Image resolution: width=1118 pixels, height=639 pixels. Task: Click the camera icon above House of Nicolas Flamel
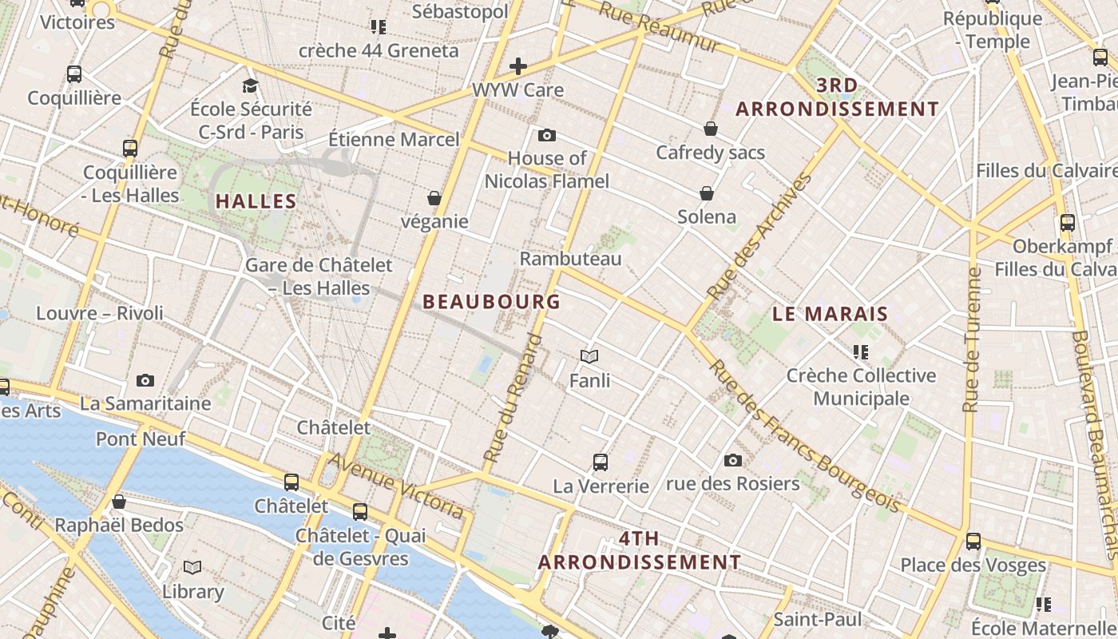coord(547,135)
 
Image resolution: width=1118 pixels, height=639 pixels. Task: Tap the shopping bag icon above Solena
coord(707,193)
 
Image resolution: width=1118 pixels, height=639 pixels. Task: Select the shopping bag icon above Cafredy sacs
coord(710,129)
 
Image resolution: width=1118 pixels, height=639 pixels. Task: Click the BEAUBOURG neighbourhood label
coord(492,302)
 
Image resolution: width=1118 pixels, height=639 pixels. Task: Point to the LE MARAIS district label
coord(831,314)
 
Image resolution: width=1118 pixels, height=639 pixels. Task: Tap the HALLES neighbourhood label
coord(256,201)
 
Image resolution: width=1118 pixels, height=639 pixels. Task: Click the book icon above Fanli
coord(589,356)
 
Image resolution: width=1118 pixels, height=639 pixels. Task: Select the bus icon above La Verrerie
coord(601,462)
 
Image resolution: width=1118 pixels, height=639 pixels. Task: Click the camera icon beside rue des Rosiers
coord(733,460)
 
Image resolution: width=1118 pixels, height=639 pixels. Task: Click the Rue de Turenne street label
coord(972,339)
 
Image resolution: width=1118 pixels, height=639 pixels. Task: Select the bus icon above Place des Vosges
coord(973,541)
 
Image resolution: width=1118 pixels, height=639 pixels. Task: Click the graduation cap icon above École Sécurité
coord(251,85)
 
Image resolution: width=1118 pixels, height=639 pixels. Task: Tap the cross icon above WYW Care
coord(518,65)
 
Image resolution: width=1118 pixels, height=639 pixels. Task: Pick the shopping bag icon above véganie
coord(434,197)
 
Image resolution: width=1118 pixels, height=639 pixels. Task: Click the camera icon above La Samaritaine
coord(145,380)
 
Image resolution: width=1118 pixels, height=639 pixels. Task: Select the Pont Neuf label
coord(141,439)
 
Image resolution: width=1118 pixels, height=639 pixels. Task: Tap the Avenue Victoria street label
coord(396,484)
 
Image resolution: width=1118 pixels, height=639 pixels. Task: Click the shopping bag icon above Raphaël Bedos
coord(119,502)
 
